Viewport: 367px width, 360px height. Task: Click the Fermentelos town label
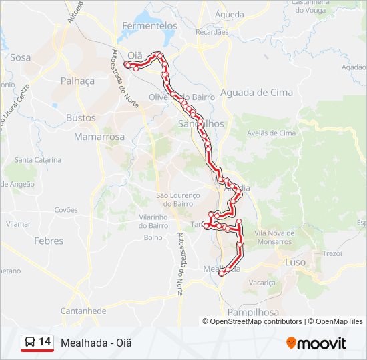point(150,25)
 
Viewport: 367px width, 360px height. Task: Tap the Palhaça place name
point(78,81)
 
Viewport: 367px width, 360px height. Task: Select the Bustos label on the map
point(81,118)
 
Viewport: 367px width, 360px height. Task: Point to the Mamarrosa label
point(99,137)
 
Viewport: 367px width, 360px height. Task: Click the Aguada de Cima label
point(256,93)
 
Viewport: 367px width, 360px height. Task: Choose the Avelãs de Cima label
point(271,133)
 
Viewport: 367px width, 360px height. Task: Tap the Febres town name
point(49,241)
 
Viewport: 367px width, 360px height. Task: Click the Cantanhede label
point(83,311)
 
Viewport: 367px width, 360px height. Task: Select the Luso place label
point(295,263)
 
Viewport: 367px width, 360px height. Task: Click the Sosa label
point(21,57)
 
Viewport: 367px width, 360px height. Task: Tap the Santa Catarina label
point(38,160)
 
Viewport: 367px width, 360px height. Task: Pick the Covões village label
point(66,209)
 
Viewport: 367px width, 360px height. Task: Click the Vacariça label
point(262,283)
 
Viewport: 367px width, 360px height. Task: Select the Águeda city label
point(230,13)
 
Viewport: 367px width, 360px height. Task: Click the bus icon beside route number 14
point(30,343)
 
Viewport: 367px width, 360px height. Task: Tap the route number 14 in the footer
point(45,342)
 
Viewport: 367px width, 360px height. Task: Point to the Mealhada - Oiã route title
point(96,343)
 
